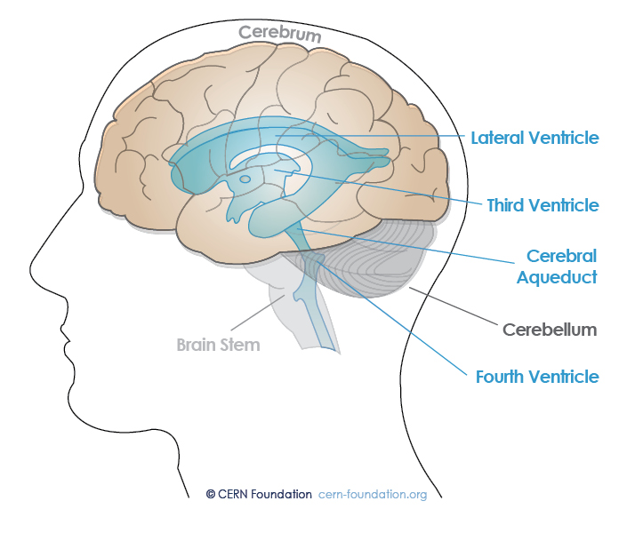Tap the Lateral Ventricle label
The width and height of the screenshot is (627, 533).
[535, 138]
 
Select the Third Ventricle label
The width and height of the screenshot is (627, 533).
[543, 205]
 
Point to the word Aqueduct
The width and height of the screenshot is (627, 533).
[560, 276]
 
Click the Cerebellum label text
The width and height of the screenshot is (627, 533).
[549, 330]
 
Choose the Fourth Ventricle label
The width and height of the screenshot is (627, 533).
[536, 377]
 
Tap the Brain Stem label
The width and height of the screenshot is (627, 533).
[217, 344]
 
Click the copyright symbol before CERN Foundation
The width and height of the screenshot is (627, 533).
[210, 494]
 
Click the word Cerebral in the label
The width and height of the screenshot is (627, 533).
[561, 256]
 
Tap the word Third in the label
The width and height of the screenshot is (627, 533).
[508, 205]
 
